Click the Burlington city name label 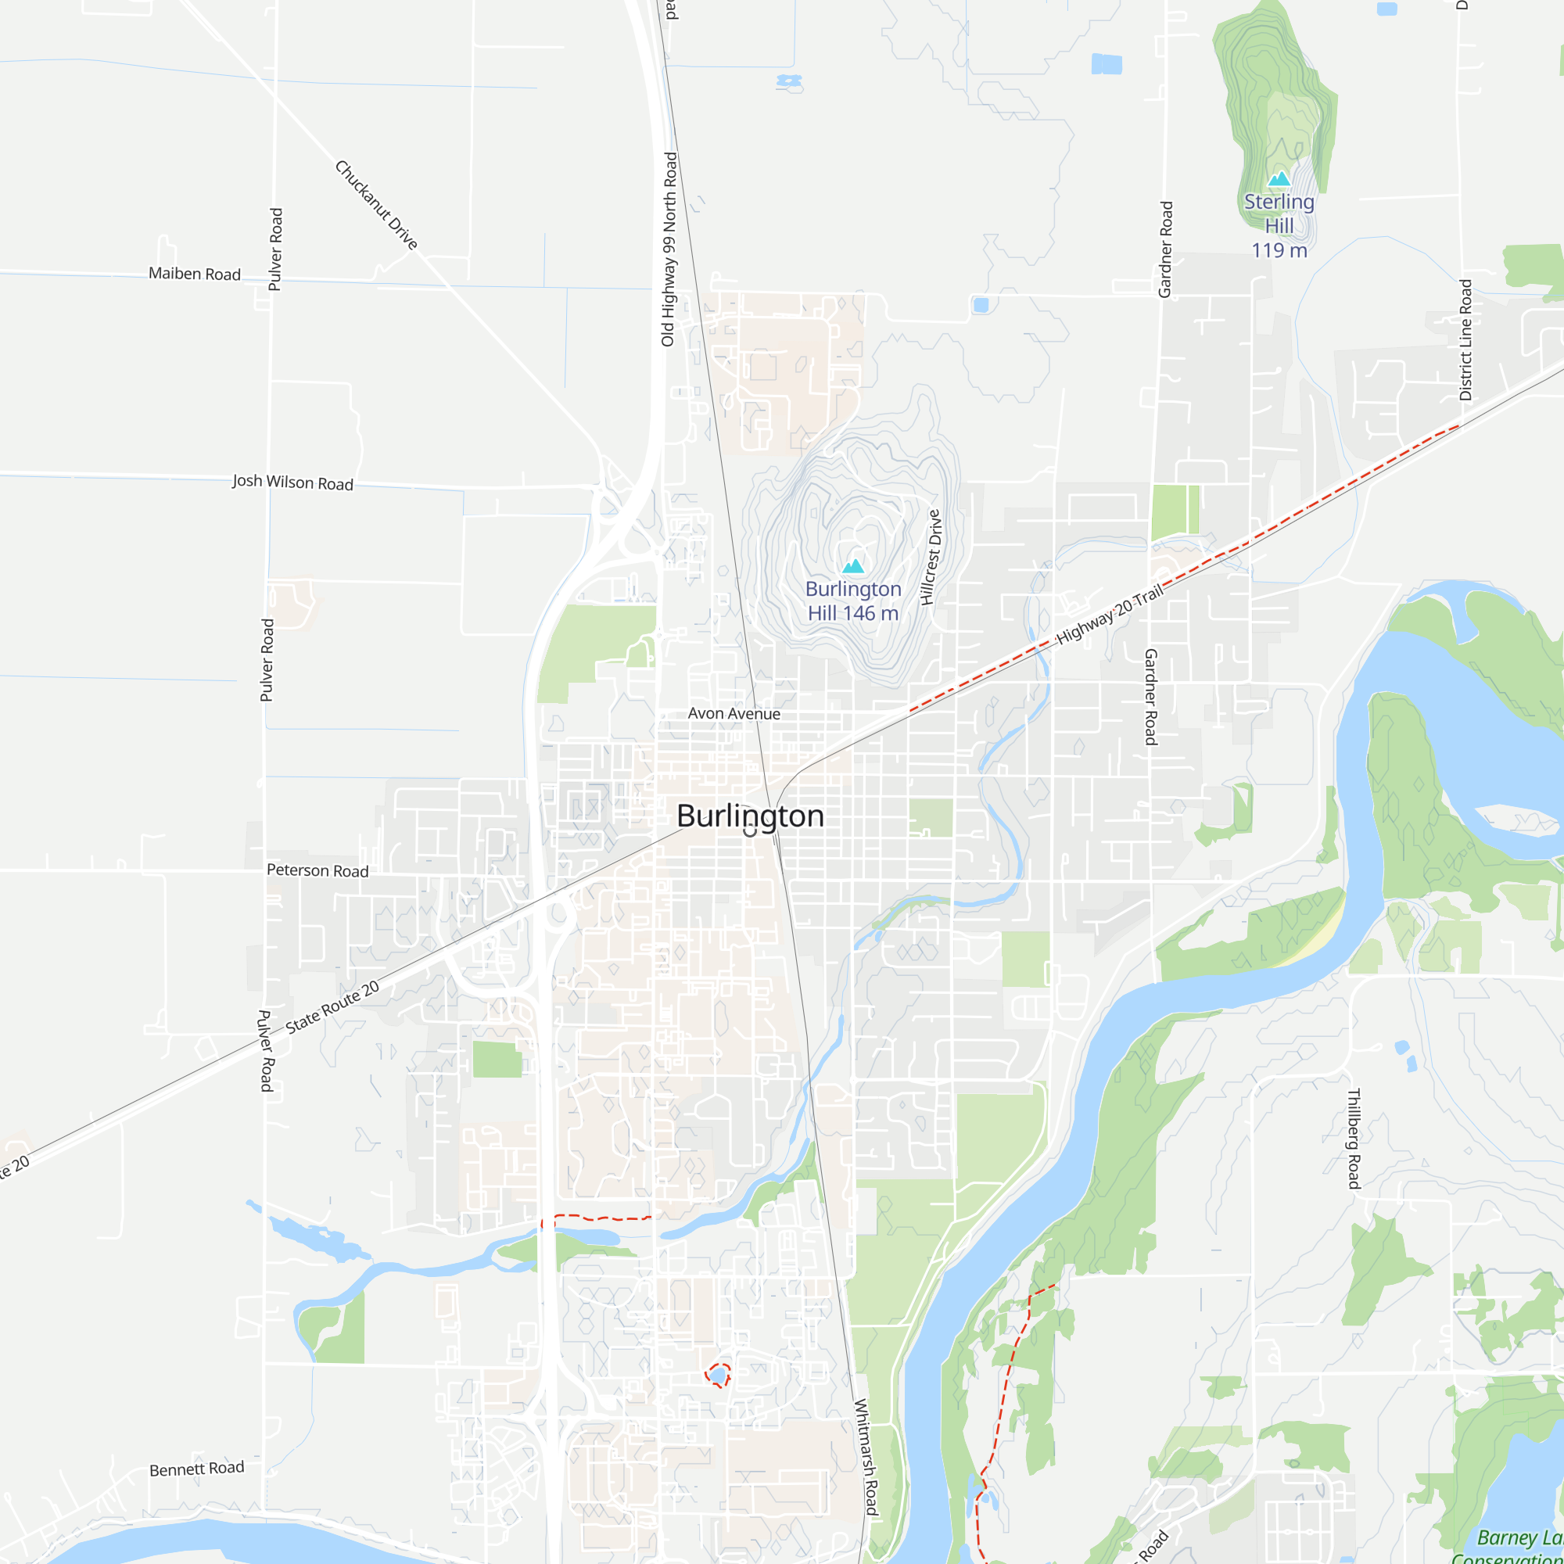coord(750,815)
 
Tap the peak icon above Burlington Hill coord(853,566)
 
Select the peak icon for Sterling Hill coord(1279,179)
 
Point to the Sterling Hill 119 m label coord(1279,225)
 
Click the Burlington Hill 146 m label coord(853,601)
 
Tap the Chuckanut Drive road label coord(376,205)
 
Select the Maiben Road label coord(194,274)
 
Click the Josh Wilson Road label coord(292,482)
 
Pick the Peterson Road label coord(317,870)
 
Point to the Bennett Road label coord(197,1469)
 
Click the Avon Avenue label coord(734,713)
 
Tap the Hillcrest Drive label coord(931,557)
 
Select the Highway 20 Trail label coord(1109,614)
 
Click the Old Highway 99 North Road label coord(669,249)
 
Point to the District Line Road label coord(1465,340)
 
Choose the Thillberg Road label coord(1353,1138)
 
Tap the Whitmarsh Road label coord(866,1456)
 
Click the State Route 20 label coord(332,1007)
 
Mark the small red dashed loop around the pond coord(718,1375)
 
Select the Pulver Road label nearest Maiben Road coord(276,249)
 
